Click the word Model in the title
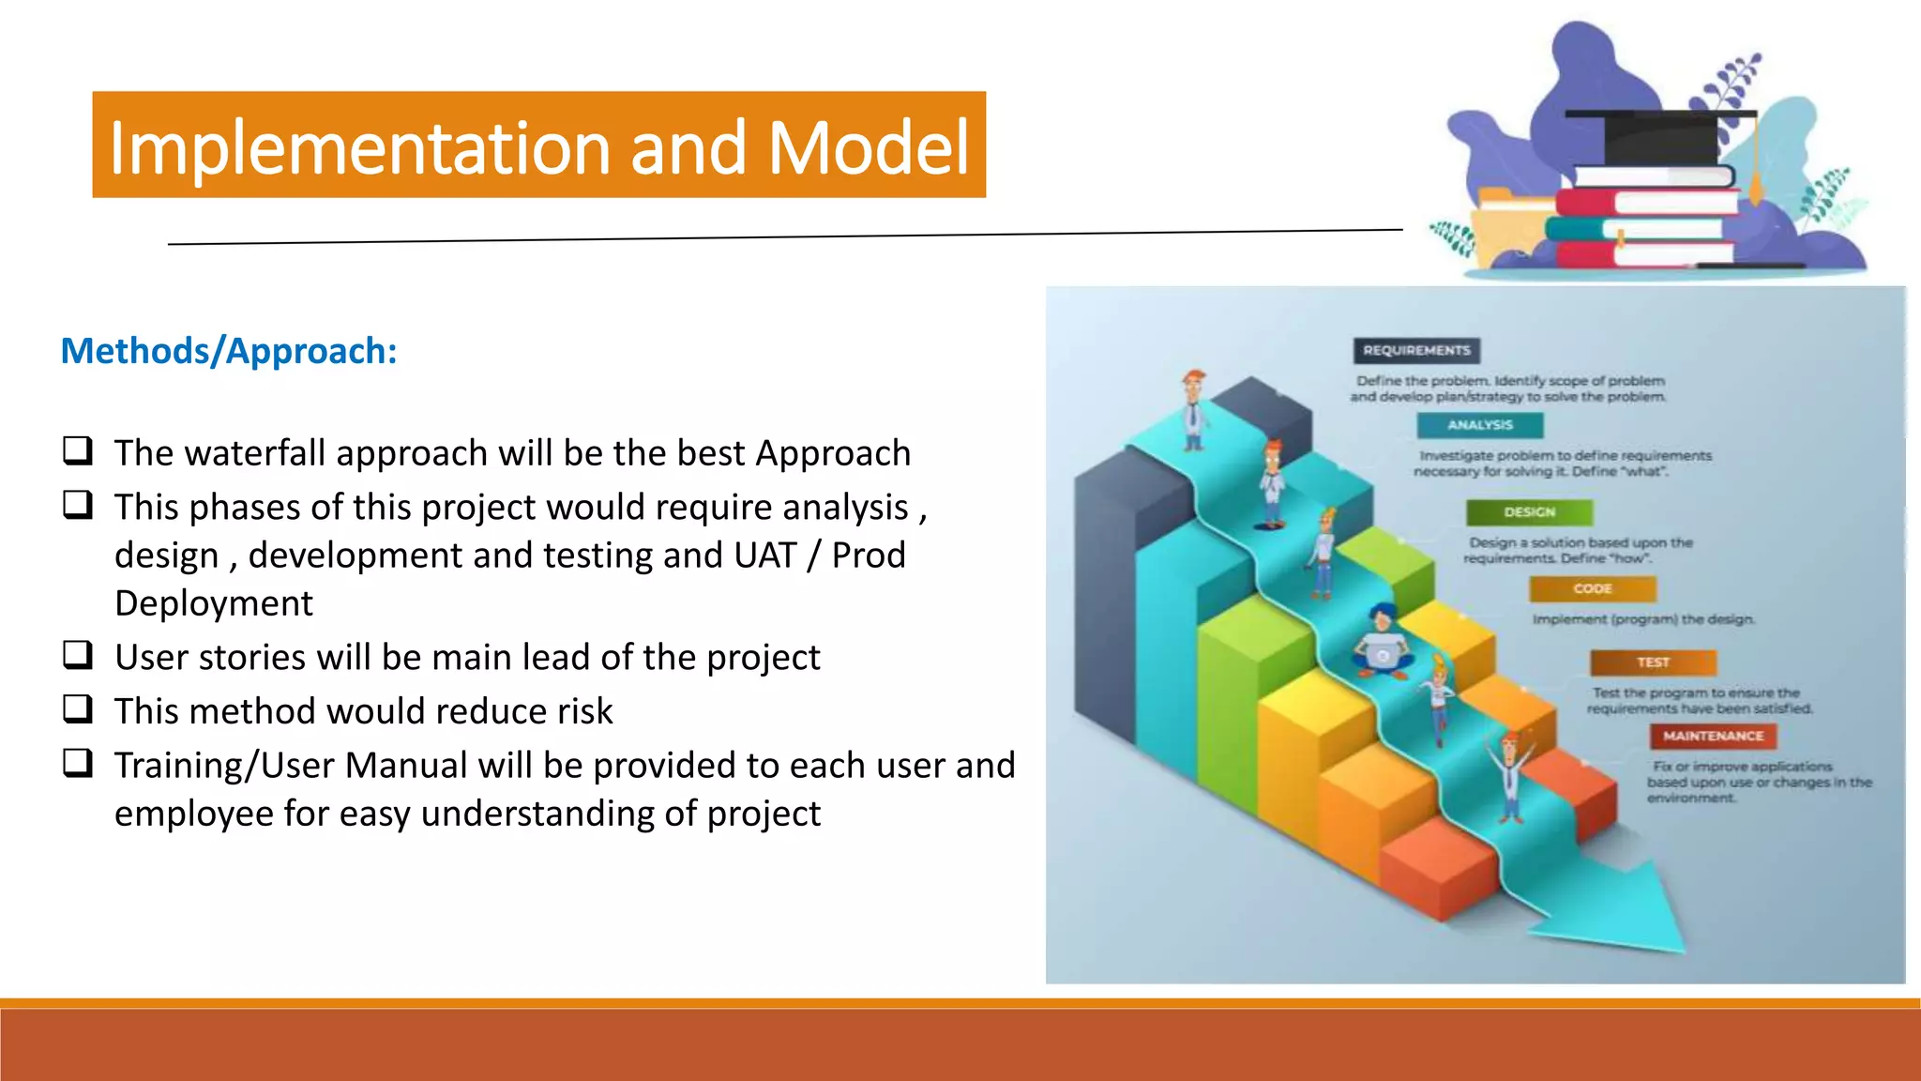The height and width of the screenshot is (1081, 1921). [868, 148]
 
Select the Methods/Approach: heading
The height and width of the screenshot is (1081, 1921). [229, 351]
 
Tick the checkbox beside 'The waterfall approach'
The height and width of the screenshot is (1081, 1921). [78, 451]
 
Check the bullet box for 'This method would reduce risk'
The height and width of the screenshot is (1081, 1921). [78, 708]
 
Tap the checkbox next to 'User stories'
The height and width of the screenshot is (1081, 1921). [78, 654]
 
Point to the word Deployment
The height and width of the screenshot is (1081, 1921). [214, 603]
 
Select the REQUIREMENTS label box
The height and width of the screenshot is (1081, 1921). [1416, 350]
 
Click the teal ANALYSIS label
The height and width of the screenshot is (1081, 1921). [1480, 425]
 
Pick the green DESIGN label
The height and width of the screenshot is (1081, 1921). [1529, 512]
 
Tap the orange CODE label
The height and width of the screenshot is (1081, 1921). [1592, 588]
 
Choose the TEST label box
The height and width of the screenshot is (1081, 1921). [1653, 662]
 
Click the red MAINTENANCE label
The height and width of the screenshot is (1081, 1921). [1713, 736]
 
